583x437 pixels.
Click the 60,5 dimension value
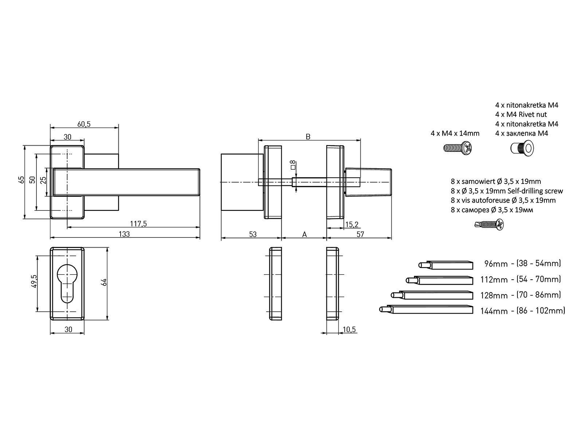84,124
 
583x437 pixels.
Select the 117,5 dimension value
138,224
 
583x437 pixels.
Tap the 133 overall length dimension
124,234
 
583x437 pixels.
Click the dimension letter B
308,137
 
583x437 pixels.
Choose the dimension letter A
305,234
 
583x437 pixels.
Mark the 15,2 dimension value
352,225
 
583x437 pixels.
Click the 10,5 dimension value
349,330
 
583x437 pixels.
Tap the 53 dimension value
253,234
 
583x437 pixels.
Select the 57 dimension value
360,234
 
